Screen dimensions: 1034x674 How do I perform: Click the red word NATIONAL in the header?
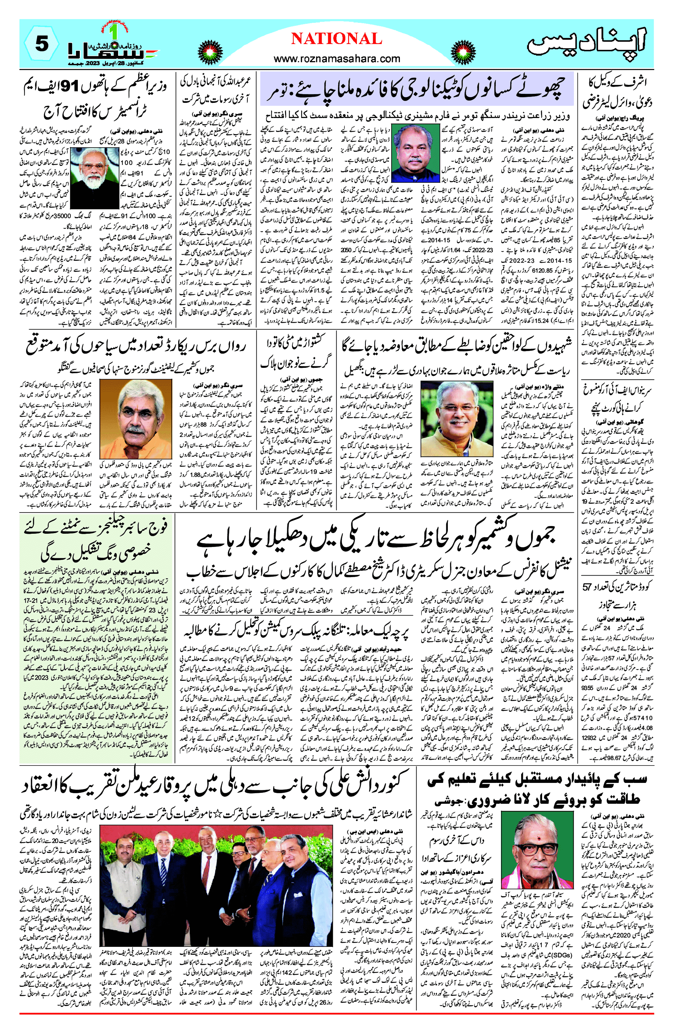[x=337, y=39]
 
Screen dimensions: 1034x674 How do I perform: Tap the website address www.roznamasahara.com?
[x=337, y=59]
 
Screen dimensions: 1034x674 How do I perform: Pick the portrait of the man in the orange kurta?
[x=136, y=419]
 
